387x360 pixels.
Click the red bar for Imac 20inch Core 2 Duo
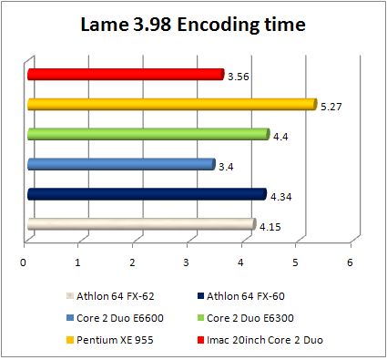pyautogui.click(x=126, y=75)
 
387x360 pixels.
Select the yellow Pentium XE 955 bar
pyautogui.click(x=171, y=104)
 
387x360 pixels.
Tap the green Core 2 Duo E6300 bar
pyautogui.click(x=148, y=135)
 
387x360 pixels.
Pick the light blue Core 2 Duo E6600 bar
pyautogui.click(x=121, y=165)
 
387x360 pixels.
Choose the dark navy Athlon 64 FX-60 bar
pyautogui.click(x=146, y=194)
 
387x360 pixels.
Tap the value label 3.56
pyautogui.click(x=238, y=77)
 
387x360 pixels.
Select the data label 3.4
pyautogui.click(x=226, y=167)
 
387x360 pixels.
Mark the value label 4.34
pyautogui.click(x=280, y=197)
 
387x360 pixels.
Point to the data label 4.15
pyautogui.click(x=270, y=227)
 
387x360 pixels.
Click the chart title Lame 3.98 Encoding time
pyautogui.click(x=193, y=25)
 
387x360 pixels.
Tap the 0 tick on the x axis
pyautogui.click(x=24, y=262)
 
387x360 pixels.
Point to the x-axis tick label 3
pyautogui.click(x=187, y=262)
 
